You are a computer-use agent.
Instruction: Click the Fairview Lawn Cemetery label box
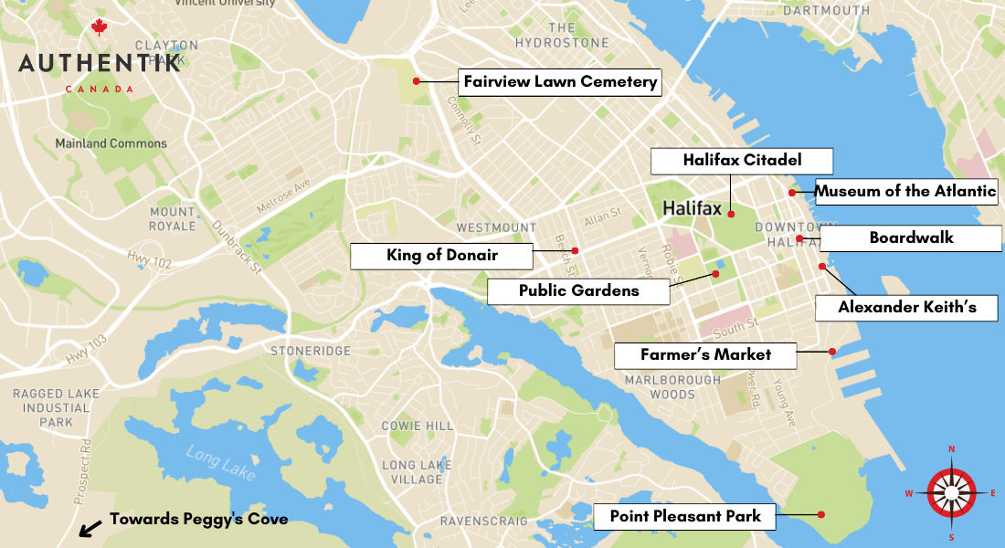(560, 82)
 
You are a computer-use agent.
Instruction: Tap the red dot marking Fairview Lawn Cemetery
(416, 81)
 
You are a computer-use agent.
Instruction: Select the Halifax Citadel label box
(742, 161)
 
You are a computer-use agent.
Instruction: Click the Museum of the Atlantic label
(905, 192)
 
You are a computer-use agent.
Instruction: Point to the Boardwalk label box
(911, 238)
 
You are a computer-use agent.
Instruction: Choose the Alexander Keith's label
(906, 308)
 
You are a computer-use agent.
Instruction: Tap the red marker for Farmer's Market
(832, 352)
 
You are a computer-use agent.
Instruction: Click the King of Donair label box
(442, 256)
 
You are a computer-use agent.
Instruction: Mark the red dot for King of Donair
(575, 250)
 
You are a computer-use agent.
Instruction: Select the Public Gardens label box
(578, 291)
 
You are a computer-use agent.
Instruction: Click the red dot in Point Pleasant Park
(821, 514)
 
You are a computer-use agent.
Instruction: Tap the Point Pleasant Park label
(685, 517)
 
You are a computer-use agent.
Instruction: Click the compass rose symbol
(951, 492)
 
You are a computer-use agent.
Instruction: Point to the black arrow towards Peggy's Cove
(90, 527)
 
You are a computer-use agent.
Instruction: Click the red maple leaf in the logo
(99, 28)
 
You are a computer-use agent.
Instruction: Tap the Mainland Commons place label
(111, 143)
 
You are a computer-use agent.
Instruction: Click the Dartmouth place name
(826, 11)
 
